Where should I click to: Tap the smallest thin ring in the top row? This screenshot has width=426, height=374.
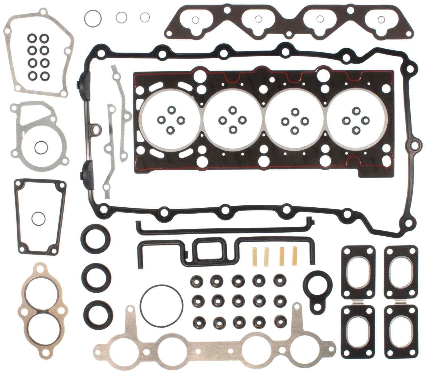coord(145,17)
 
